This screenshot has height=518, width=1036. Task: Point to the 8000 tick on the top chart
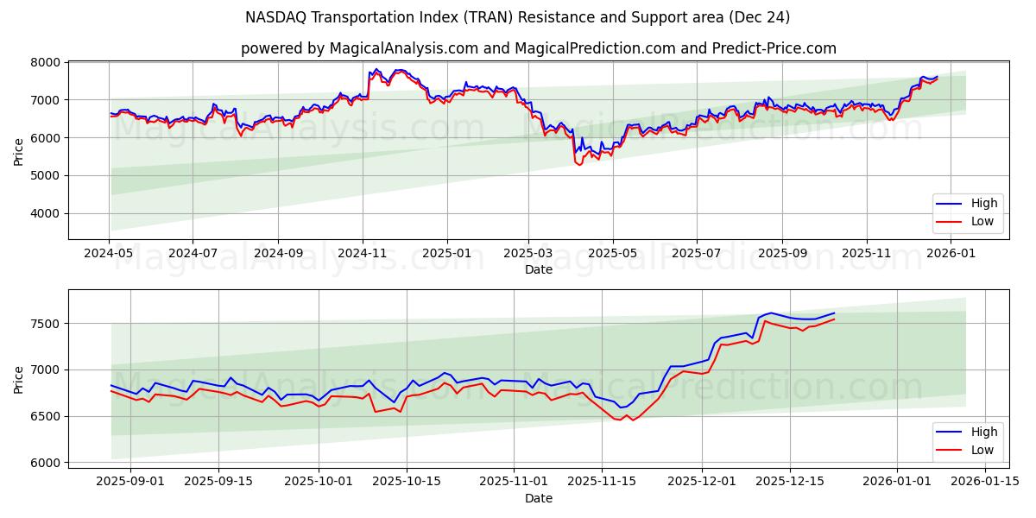[46, 62]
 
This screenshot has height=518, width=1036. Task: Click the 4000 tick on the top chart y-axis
[46, 213]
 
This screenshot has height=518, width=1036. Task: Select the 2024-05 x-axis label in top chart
[109, 254]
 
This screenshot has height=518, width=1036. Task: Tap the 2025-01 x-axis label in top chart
[446, 254]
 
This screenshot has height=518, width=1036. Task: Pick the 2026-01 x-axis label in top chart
[951, 254]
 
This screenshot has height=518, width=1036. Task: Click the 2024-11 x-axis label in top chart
[362, 254]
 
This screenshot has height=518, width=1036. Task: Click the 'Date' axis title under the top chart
[538, 269]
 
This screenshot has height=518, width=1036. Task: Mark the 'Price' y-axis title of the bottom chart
[19, 380]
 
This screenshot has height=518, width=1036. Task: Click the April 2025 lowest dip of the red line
[578, 164]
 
